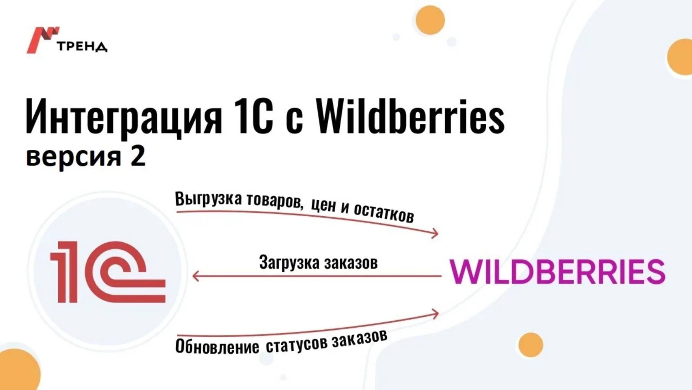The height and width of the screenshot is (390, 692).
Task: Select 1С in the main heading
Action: [x=253, y=116]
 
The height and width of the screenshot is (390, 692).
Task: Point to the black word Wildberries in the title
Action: [x=410, y=116]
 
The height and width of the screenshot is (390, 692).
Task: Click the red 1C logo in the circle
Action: [x=108, y=272]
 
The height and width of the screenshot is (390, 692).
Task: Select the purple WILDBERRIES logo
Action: [x=557, y=271]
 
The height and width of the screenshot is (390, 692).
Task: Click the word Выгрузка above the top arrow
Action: [x=208, y=199]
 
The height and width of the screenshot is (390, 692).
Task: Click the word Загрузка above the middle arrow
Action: [x=289, y=262]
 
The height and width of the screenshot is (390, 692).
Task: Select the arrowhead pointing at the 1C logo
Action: [x=196, y=276]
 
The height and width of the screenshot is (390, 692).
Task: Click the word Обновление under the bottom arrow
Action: [x=217, y=346]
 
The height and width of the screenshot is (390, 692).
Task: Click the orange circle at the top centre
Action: [x=430, y=20]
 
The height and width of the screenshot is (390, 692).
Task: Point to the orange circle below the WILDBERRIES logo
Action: [x=531, y=345]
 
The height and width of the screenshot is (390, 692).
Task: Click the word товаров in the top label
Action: [x=275, y=201]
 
